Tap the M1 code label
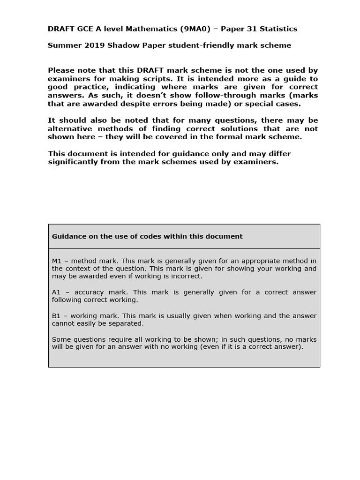[57, 261]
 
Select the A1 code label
[56, 292]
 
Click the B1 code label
[56, 316]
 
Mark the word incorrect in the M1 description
[185, 276]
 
